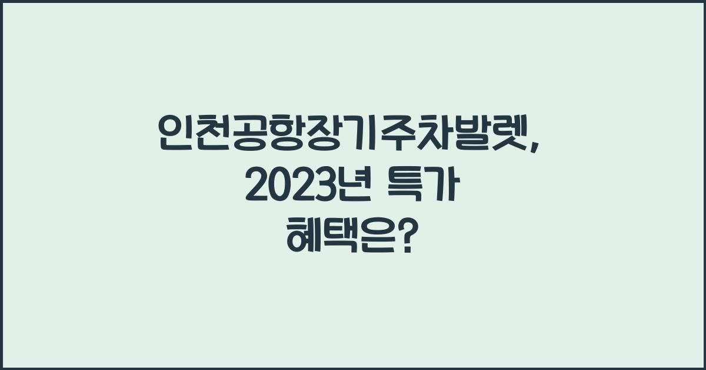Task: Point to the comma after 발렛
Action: click(539, 145)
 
